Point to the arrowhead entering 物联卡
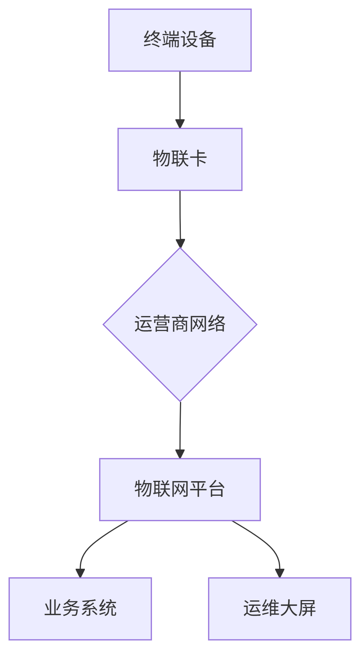[x=180, y=124]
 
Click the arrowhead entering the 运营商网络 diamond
[x=180, y=243]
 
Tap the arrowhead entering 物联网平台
[x=180, y=454]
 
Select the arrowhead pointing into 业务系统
[x=80, y=573]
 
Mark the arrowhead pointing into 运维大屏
[x=280, y=573]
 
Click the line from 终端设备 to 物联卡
[x=180, y=96]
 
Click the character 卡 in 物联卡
[x=198, y=159]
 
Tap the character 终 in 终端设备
[x=152, y=39]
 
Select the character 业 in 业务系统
[x=53, y=608]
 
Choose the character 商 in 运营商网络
[x=180, y=324]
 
